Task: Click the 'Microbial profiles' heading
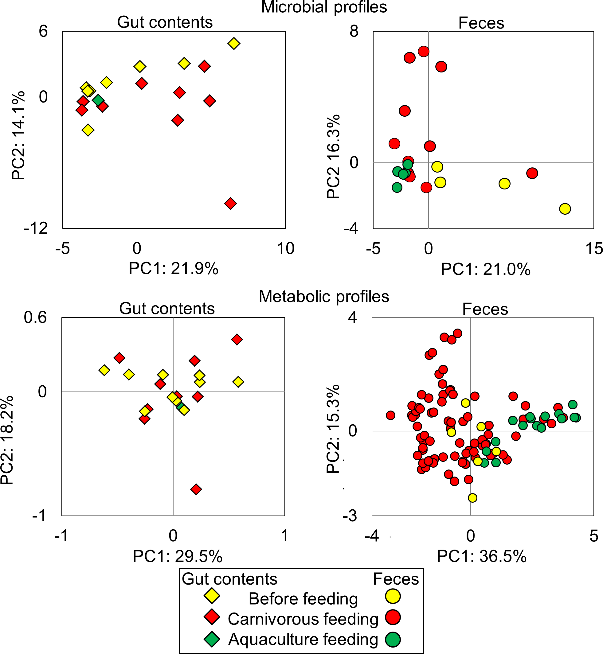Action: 324,7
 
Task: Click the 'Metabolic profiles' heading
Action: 324,297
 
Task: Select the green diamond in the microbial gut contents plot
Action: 98,100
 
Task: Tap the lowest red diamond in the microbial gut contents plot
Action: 230,204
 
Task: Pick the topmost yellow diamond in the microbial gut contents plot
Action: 234,43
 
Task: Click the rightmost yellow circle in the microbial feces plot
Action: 565,209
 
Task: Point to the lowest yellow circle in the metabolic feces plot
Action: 472,498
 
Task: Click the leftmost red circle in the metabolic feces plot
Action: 390,415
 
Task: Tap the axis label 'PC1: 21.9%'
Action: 173,269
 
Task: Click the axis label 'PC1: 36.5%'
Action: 482,556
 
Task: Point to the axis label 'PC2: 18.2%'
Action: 7,440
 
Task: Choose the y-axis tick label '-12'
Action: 36,228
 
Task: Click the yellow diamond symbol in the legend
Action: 212,596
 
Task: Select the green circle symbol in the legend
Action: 393,639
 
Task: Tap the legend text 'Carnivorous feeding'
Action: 303,619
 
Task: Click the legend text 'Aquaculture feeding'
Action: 303,639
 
